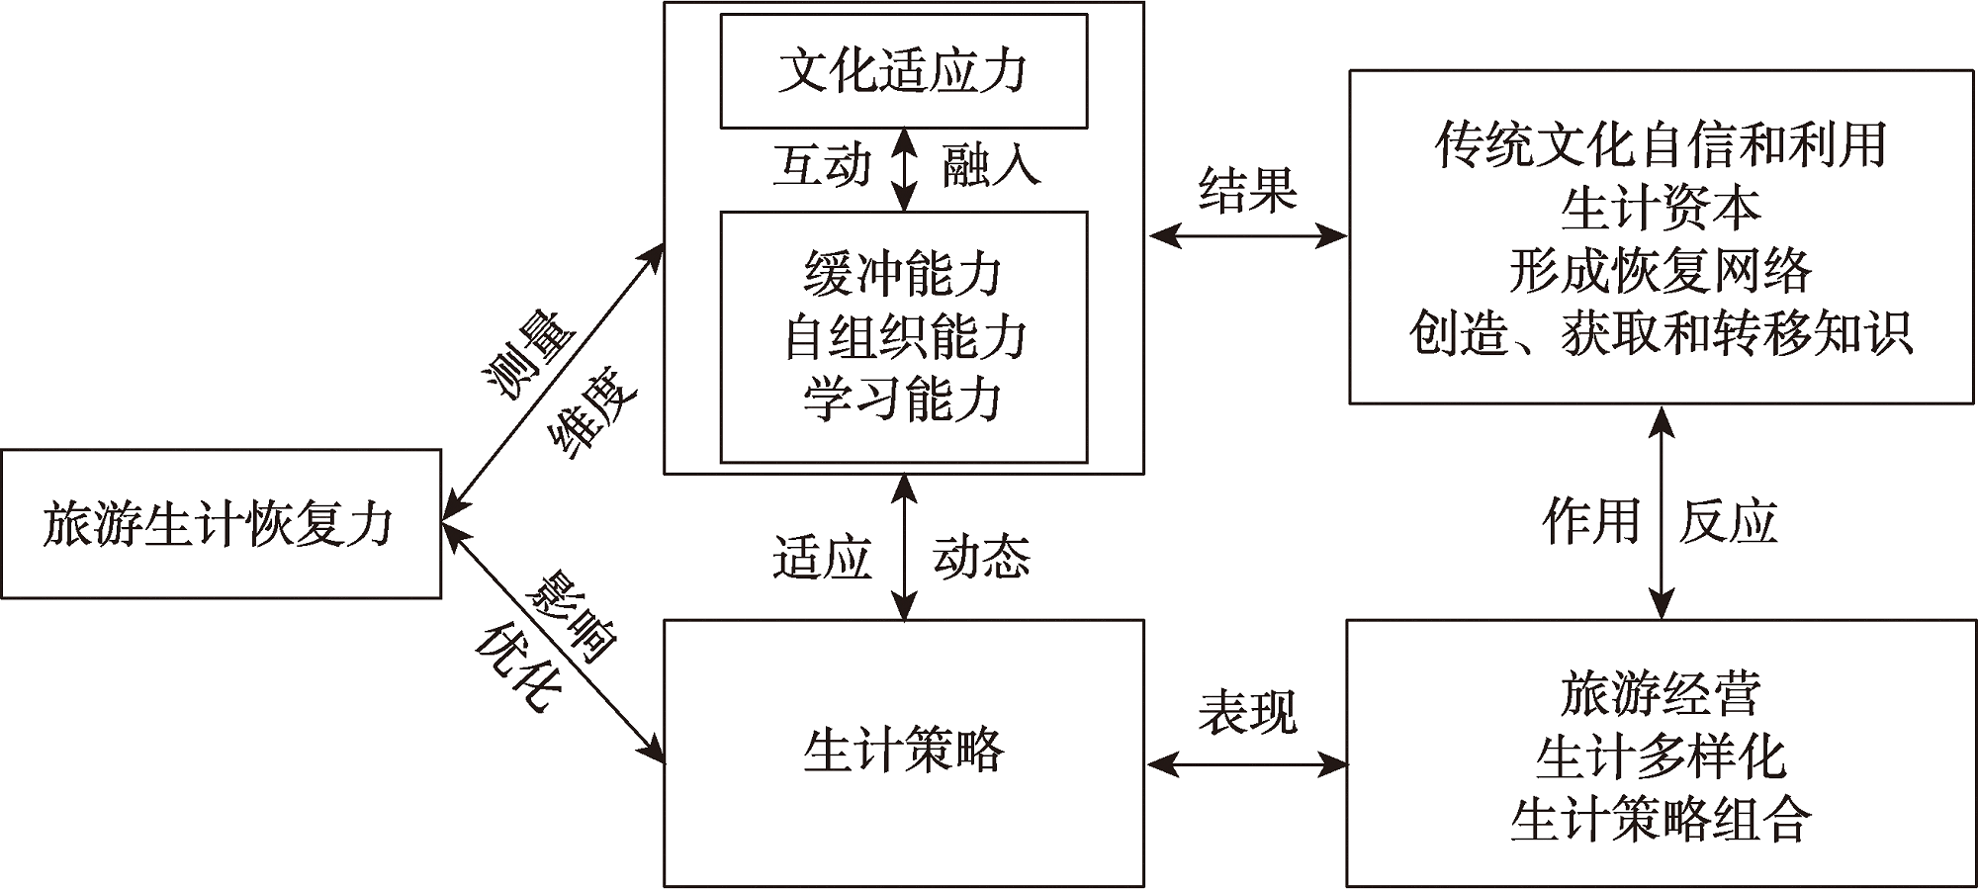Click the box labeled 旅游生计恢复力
(220, 524)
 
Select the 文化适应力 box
(903, 71)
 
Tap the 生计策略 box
(903, 752)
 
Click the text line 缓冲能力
(903, 274)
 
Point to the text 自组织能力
(903, 337)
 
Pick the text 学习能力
(903, 400)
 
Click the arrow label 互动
(822, 165)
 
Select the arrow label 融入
(990, 165)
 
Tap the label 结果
(1247, 190)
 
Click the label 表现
(1247, 712)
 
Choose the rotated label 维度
(591, 417)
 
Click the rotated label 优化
(516, 667)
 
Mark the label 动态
(981, 558)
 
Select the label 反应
(1728, 521)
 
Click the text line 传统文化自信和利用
(1661, 145)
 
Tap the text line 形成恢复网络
(1661, 271)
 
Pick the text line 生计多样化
(1661, 757)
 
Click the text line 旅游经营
(1661, 694)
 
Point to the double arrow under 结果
(1247, 236)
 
